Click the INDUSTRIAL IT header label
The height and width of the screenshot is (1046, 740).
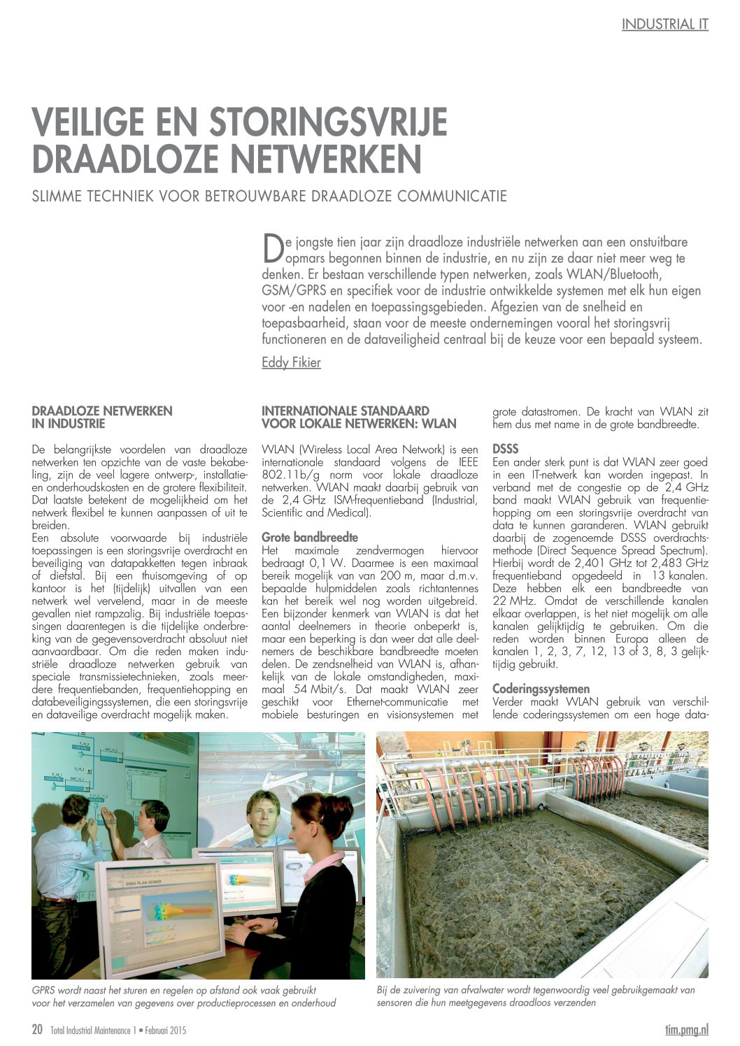click(664, 24)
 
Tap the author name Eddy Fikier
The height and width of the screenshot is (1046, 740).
click(291, 362)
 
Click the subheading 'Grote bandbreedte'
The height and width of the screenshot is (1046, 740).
click(309, 538)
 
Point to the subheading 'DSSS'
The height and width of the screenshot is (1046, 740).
click(505, 449)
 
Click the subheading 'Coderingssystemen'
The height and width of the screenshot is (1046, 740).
click(541, 689)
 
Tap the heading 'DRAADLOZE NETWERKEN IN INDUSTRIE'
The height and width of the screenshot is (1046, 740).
click(102, 417)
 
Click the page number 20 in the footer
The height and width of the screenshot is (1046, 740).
click(38, 1029)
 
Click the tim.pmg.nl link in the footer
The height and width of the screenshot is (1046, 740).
click(686, 1029)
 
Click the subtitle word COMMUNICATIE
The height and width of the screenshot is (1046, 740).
click(452, 195)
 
